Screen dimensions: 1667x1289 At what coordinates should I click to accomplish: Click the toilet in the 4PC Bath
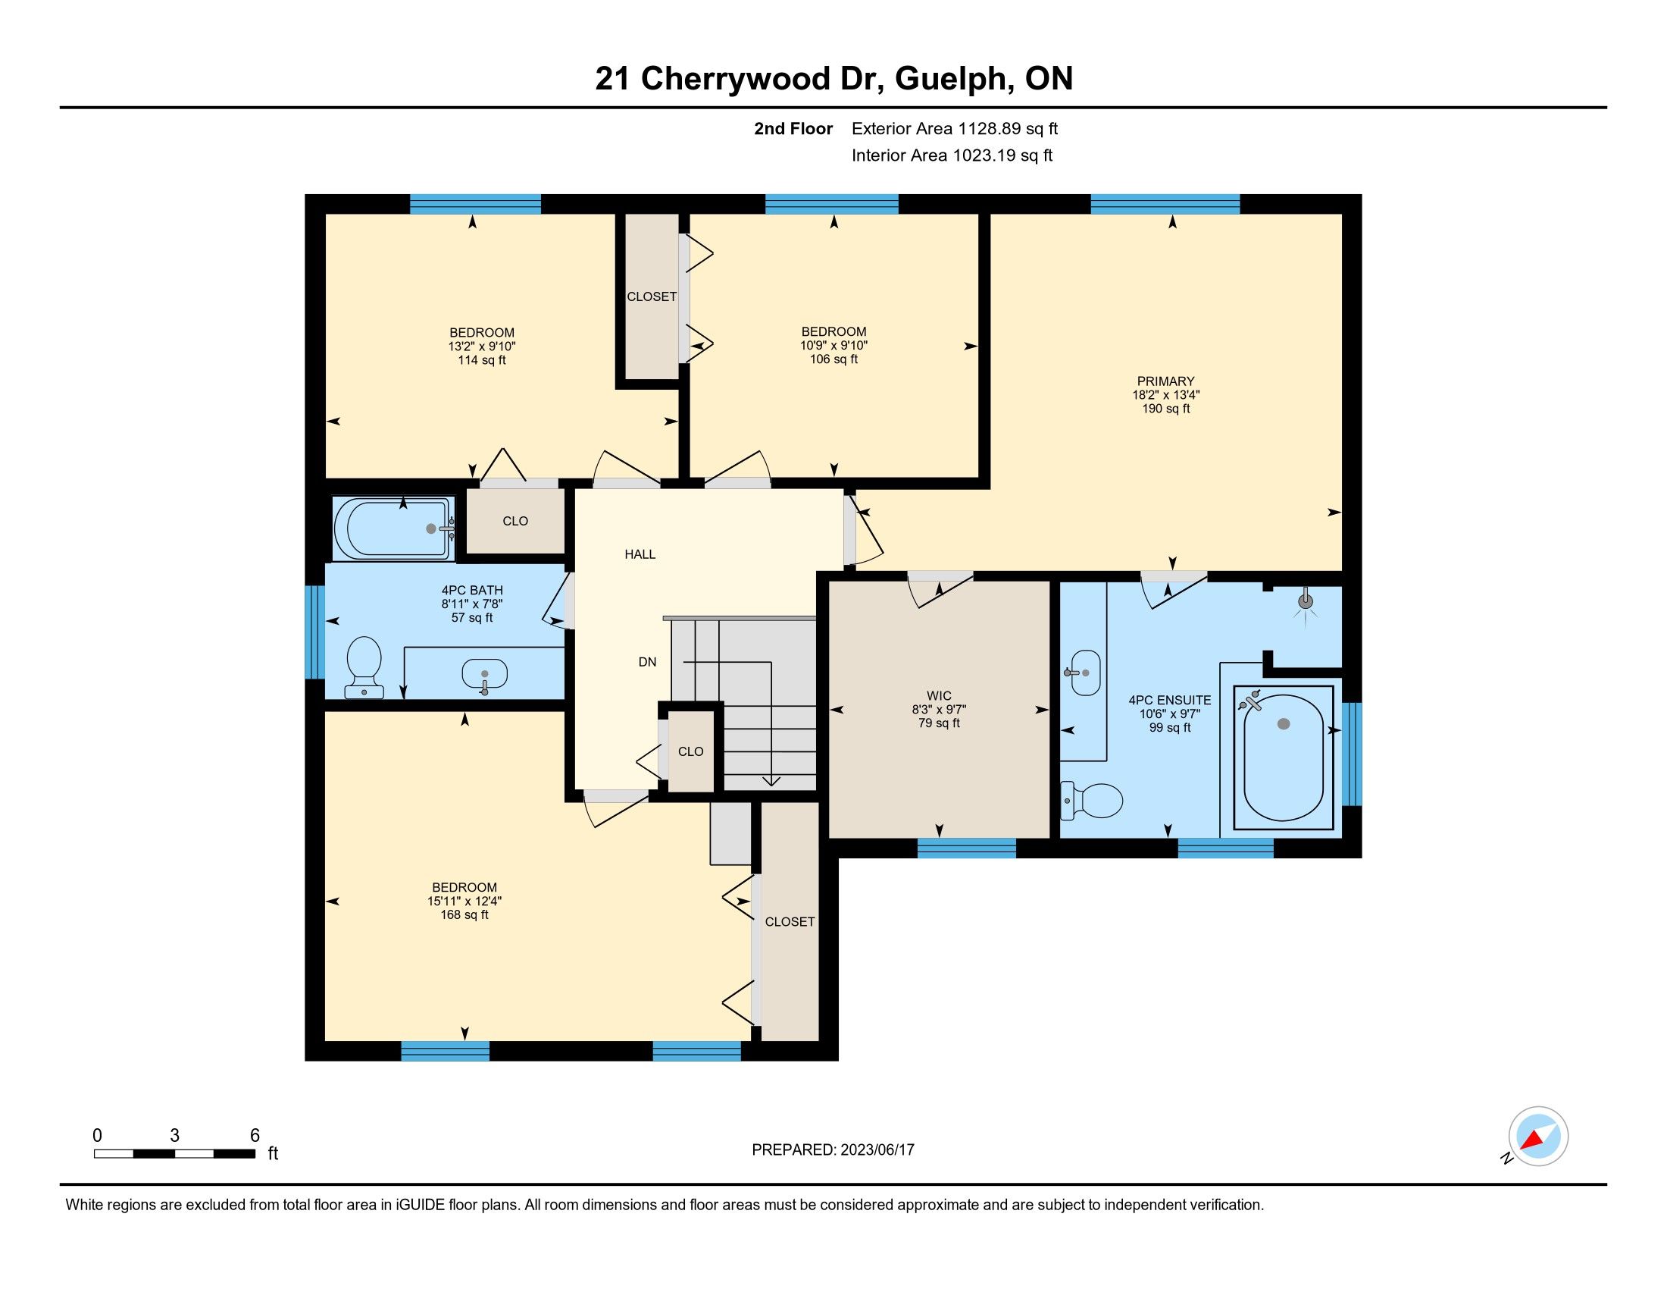pyautogui.click(x=363, y=666)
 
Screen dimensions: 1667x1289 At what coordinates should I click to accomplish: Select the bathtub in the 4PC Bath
pyautogui.click(x=395, y=528)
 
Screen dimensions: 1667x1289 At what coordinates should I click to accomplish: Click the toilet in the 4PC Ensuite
pyautogui.click(x=1091, y=800)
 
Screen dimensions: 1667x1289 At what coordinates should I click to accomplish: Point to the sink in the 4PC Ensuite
pyautogui.click(x=1085, y=673)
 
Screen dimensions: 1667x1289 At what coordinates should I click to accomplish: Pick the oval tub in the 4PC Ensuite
pyautogui.click(x=1283, y=757)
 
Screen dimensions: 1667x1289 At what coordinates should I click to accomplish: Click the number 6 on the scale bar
pyautogui.click(x=255, y=1135)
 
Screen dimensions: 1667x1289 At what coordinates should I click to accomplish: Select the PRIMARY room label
pyautogui.click(x=1165, y=381)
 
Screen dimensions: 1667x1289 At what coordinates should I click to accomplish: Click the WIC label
pyautogui.click(x=939, y=695)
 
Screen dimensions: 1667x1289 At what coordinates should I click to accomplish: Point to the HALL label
pyautogui.click(x=640, y=554)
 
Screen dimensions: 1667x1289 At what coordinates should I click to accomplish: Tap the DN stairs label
pyautogui.click(x=647, y=662)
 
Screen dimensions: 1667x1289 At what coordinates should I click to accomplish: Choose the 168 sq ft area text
pyautogui.click(x=464, y=915)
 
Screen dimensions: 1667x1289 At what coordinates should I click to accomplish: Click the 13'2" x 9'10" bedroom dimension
pyautogui.click(x=482, y=346)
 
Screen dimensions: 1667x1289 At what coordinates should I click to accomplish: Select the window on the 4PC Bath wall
pyautogui.click(x=314, y=632)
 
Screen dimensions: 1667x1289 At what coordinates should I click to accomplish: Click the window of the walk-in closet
pyautogui.click(x=966, y=848)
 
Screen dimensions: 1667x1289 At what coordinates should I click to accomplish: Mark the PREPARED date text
pyautogui.click(x=833, y=1149)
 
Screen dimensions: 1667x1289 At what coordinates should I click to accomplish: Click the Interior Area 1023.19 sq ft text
pyautogui.click(x=952, y=155)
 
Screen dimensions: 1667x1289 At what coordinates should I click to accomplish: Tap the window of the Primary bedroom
pyautogui.click(x=1165, y=204)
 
